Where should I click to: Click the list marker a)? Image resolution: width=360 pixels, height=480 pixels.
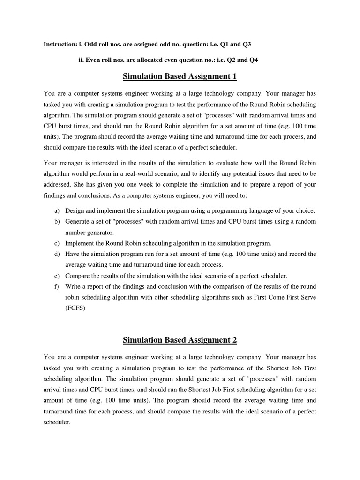click(57, 210)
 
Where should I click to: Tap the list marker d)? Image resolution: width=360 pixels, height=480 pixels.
click(57, 254)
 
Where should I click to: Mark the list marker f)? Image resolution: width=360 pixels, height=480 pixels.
click(57, 286)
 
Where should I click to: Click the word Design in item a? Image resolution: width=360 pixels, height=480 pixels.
click(75, 210)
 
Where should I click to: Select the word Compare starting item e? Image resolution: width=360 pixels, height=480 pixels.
click(78, 276)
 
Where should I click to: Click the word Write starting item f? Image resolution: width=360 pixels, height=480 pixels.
click(73, 286)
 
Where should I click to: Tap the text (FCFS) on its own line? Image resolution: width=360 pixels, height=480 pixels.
click(75, 308)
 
